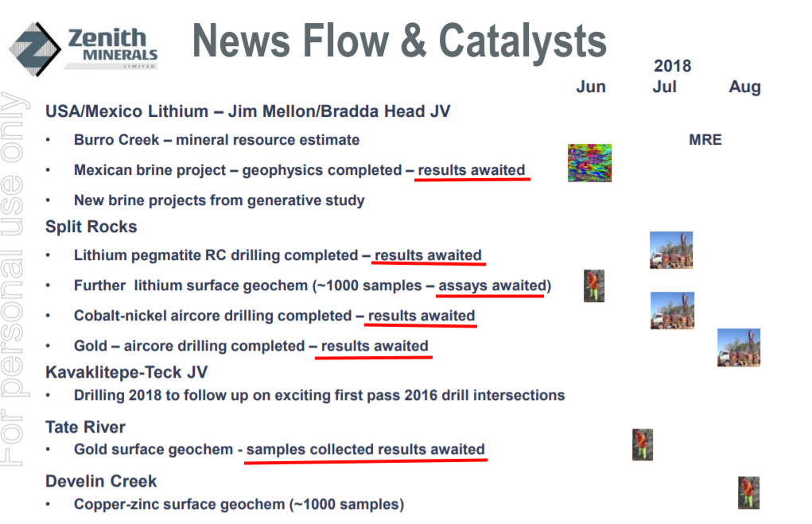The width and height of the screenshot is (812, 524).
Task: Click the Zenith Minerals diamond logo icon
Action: [x=35, y=49]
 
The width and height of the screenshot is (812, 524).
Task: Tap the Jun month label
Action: [x=591, y=87]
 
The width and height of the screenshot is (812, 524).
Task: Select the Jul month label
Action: [x=664, y=87]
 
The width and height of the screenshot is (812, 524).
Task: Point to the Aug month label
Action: [x=744, y=87]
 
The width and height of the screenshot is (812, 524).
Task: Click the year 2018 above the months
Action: [x=672, y=66]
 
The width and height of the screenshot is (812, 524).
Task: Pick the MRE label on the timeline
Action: [x=705, y=140]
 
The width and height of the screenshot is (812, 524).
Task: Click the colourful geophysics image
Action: [x=589, y=162]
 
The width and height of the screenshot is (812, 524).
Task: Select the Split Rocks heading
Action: [x=91, y=227]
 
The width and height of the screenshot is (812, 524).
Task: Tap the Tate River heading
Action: [x=85, y=427]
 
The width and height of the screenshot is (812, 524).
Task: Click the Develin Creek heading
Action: [x=101, y=481]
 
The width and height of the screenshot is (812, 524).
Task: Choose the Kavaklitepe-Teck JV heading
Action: [x=126, y=372]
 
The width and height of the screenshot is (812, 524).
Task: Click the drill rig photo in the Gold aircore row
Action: [x=739, y=347]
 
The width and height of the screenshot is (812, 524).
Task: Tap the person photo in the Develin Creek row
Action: [x=748, y=493]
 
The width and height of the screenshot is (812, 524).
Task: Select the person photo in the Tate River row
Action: [x=642, y=444]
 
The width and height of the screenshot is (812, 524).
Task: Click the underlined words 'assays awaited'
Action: [x=492, y=285]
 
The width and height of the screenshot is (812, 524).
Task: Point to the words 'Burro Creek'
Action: [x=117, y=140]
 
